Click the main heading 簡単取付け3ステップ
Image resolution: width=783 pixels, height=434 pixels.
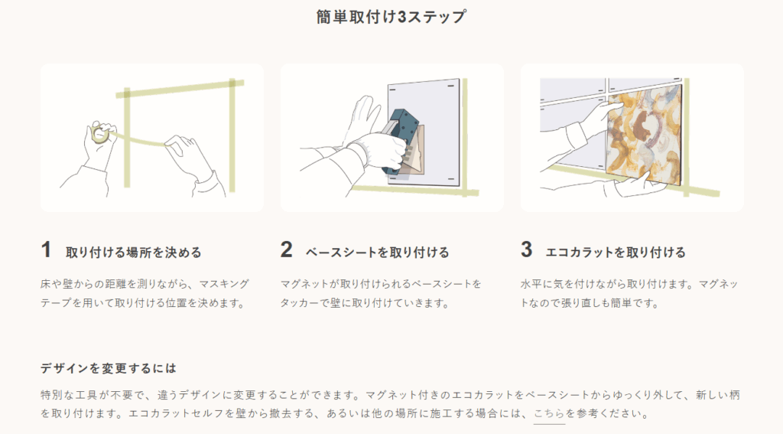coord(391,17)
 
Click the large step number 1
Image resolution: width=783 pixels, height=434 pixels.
coord(46,250)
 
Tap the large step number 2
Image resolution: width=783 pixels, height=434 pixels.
coord(286,250)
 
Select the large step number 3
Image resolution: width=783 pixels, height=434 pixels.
coord(526,250)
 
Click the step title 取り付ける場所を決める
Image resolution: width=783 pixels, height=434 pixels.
coord(134,253)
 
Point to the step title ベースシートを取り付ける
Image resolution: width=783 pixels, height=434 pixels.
coord(378,253)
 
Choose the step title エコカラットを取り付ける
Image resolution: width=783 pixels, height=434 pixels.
coord(616,253)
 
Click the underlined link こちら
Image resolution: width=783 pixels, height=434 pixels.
coord(549,414)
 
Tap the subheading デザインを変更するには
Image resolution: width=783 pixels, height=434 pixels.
coord(109,368)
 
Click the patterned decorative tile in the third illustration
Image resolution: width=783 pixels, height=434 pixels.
coord(644,135)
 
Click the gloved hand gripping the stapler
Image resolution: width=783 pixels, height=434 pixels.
coord(379,148)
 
